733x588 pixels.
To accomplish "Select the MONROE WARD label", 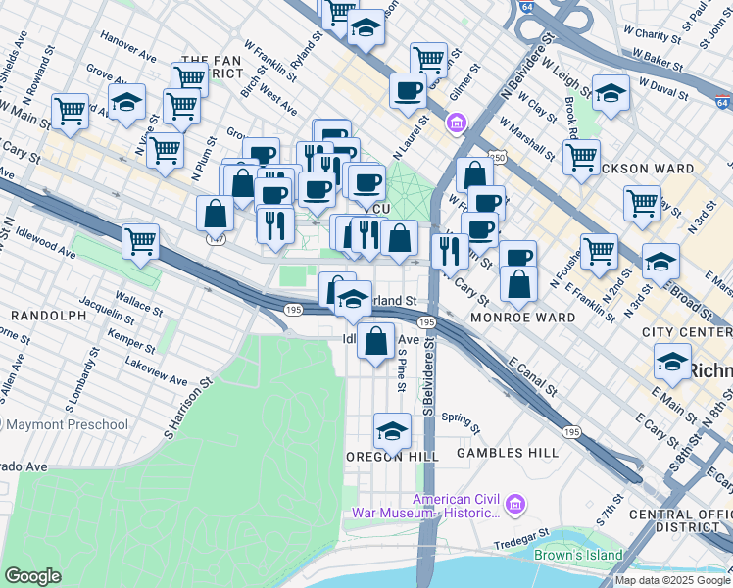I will (x=522, y=318).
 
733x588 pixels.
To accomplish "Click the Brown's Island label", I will (x=578, y=555).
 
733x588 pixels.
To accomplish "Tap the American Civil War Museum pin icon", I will (x=517, y=506).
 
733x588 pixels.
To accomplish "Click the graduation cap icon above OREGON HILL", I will (x=391, y=431).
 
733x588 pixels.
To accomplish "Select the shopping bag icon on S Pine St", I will (x=377, y=342).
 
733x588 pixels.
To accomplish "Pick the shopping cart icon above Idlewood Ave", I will (x=141, y=241).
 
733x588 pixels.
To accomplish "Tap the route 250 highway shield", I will (x=471, y=157).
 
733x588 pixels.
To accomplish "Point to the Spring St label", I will (x=461, y=422).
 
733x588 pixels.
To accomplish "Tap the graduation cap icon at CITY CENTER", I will (x=672, y=363).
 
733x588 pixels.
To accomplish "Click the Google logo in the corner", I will (x=32, y=576).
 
